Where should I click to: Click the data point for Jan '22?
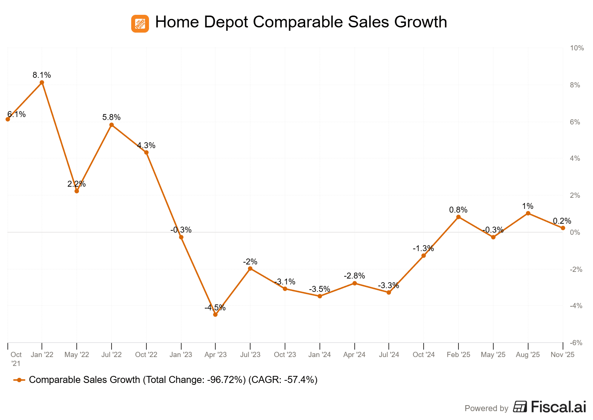[x=42, y=83]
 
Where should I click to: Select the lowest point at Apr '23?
[x=215, y=314]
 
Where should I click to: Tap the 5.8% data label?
[x=111, y=117]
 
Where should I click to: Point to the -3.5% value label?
[x=319, y=289]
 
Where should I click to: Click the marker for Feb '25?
[x=458, y=217]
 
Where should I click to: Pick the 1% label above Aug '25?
[x=527, y=206]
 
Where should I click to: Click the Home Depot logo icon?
[x=140, y=24]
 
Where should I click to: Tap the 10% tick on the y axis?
[x=577, y=48]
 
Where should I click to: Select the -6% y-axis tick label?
[x=576, y=343]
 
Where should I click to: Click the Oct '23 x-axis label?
[x=285, y=355]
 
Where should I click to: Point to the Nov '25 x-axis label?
[x=562, y=355]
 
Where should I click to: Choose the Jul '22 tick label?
[x=112, y=355]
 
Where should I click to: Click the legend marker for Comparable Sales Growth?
[x=19, y=380]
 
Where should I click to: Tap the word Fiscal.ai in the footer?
[x=558, y=407]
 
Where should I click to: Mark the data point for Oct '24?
[x=424, y=256]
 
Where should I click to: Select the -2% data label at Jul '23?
[x=250, y=262]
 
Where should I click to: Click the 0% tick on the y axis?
[x=575, y=233]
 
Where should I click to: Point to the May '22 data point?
[x=77, y=191]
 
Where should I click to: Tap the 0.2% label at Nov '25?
[x=562, y=221]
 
